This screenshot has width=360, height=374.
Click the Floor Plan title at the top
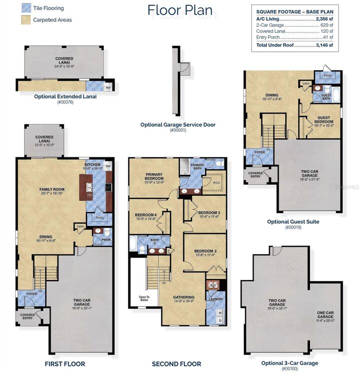(x=179, y=10)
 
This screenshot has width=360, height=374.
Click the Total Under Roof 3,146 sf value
(x=322, y=45)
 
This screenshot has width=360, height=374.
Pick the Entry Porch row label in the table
(x=268, y=37)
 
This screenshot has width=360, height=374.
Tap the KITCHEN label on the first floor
(x=93, y=164)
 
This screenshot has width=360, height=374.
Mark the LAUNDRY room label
(x=215, y=299)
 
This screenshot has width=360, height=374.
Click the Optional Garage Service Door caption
(x=177, y=124)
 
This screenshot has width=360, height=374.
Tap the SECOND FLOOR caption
(x=176, y=364)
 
